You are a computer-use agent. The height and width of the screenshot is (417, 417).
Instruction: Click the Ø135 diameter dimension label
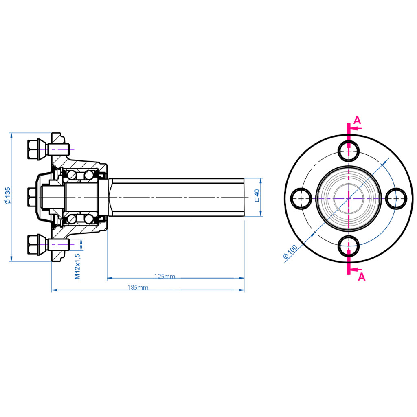click(x=7, y=196)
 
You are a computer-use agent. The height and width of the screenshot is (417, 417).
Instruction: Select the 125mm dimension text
click(x=165, y=277)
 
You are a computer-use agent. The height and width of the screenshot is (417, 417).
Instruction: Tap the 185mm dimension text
click(x=138, y=288)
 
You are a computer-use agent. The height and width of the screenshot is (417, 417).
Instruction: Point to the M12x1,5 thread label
click(x=77, y=265)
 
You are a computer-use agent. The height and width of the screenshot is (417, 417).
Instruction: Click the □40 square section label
click(x=257, y=195)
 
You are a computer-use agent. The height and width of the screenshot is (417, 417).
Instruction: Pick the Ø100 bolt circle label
click(x=291, y=251)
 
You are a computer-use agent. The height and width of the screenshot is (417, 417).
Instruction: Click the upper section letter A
click(x=357, y=120)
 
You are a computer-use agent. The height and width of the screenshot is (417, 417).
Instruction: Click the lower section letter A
click(x=361, y=277)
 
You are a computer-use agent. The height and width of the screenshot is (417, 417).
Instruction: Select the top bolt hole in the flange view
click(x=349, y=151)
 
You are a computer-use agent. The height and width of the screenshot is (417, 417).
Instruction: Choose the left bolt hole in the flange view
click(x=302, y=198)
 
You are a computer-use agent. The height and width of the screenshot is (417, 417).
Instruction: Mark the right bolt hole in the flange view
click(x=396, y=198)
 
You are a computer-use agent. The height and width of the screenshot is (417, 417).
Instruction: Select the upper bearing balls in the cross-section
click(x=80, y=176)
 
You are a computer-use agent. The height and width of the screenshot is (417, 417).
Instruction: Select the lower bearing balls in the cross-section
click(x=80, y=219)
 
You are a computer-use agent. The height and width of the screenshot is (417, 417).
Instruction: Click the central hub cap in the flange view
click(x=349, y=198)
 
